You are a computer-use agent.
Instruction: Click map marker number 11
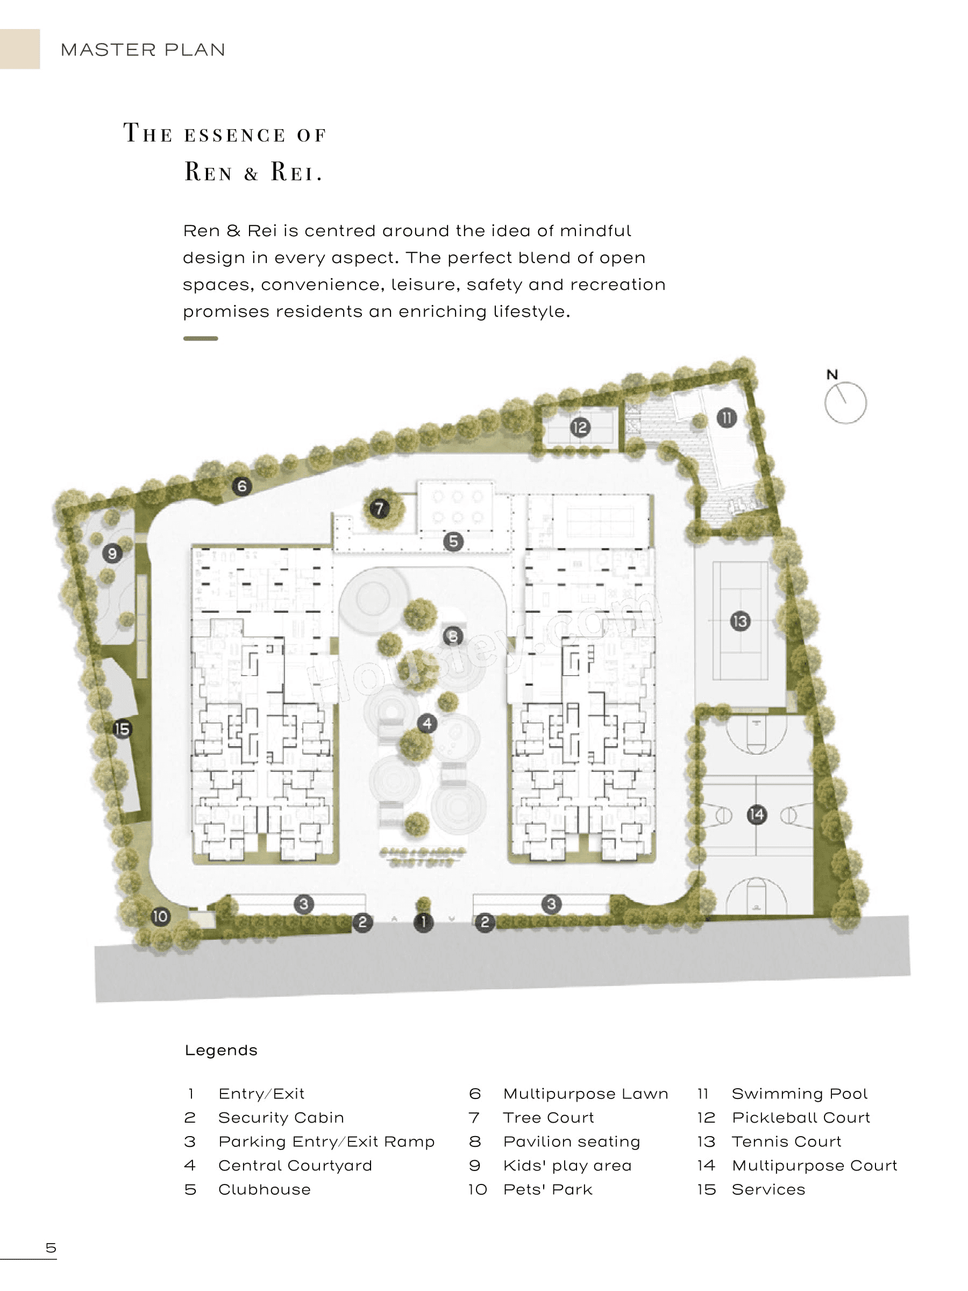point(726,417)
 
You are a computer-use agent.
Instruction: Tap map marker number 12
point(579,427)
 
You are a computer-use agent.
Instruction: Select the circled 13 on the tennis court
point(740,621)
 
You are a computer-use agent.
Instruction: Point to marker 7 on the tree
point(379,508)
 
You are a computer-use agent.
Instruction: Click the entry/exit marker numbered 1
point(424,922)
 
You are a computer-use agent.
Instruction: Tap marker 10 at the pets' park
point(160,916)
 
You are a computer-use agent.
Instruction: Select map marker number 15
point(122,729)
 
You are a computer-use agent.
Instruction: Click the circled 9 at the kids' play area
point(112,552)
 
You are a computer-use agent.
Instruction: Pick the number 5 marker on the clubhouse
point(453,541)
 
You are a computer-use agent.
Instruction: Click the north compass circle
point(845,403)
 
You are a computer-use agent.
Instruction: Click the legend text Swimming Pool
point(799,1094)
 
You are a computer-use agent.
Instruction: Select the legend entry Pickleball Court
point(801,1118)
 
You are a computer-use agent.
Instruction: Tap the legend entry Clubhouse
point(265,1189)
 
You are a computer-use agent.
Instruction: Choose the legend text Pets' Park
point(547,1189)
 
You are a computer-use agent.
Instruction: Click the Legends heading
point(221,1051)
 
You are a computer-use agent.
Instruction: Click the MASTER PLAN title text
point(143,49)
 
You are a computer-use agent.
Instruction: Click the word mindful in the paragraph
point(595,231)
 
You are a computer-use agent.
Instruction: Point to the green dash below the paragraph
point(200,338)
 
